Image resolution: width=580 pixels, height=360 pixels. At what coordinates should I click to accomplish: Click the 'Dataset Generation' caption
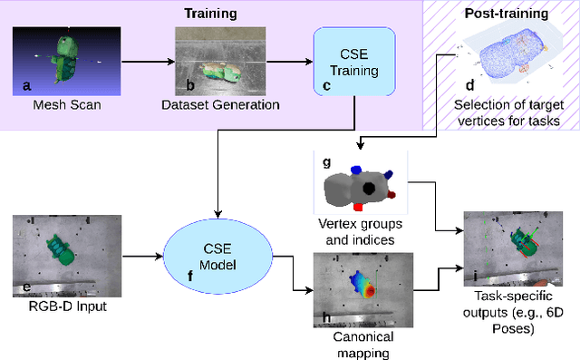pos(220,105)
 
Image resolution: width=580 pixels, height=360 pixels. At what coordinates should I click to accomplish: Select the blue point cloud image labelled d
pos(508,55)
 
